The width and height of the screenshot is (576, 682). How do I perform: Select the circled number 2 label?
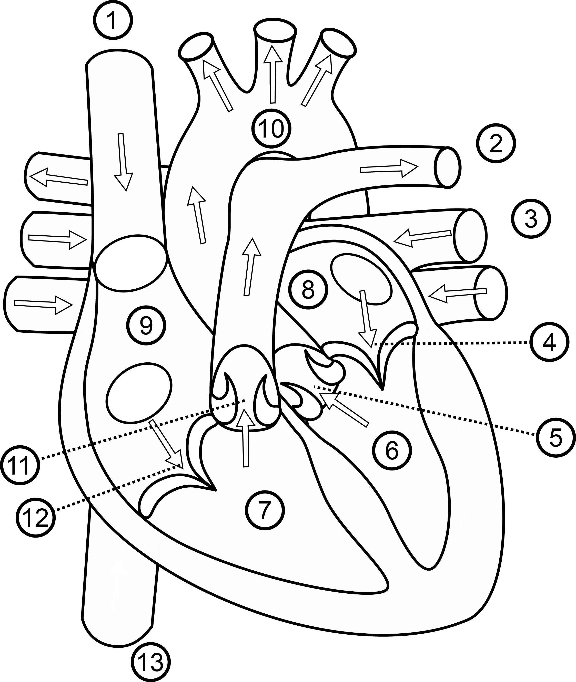(496, 143)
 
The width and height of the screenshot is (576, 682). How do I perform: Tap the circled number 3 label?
(531, 219)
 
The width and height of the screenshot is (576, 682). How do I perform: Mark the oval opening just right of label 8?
(361, 280)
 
